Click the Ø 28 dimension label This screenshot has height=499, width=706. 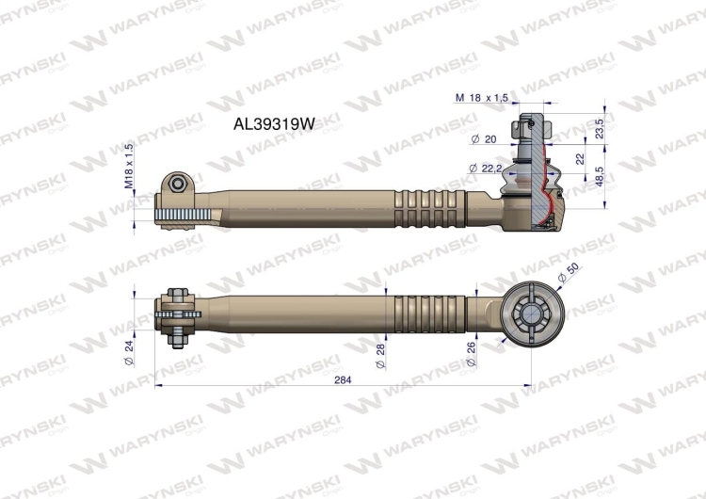pyautogui.click(x=381, y=356)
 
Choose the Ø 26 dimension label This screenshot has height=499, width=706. pyautogui.click(x=472, y=356)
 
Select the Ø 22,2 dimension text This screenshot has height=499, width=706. pyautogui.click(x=485, y=168)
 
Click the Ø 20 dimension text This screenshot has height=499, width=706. pyautogui.click(x=483, y=139)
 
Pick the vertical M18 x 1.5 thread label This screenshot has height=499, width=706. pyautogui.click(x=130, y=167)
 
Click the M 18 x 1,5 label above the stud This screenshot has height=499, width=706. pyautogui.click(x=482, y=97)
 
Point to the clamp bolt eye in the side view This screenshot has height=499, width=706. pyautogui.click(x=178, y=183)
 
